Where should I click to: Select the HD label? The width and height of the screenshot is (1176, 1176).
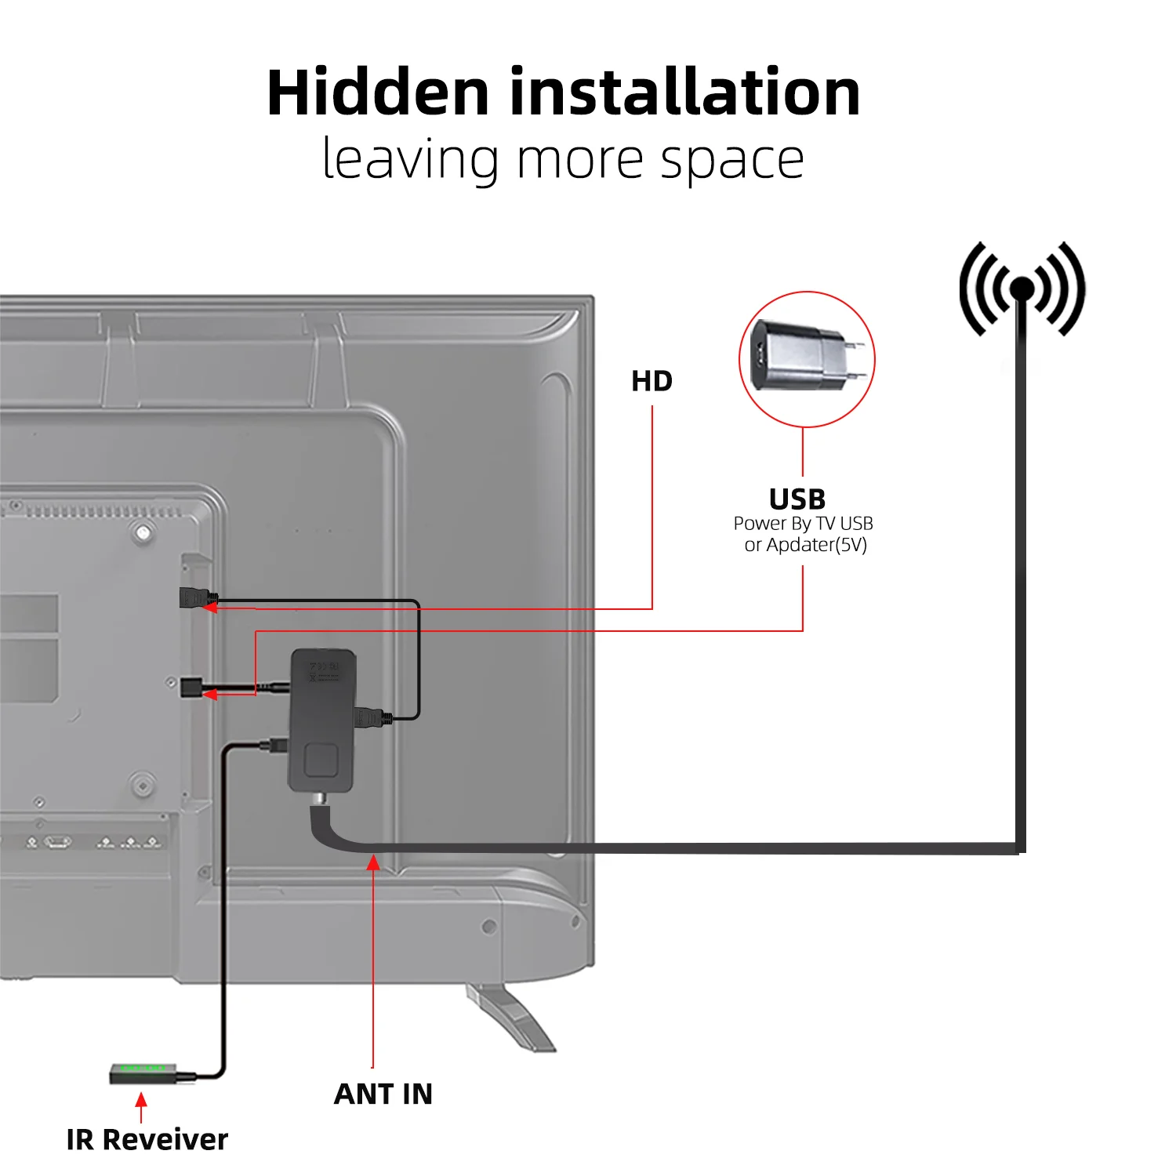click(x=652, y=382)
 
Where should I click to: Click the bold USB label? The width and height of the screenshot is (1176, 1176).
click(x=797, y=499)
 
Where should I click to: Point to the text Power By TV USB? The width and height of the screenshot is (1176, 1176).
click(x=803, y=524)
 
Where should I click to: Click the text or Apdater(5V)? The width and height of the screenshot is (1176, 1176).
click(x=805, y=545)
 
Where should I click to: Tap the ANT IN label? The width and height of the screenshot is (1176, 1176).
click(x=383, y=1094)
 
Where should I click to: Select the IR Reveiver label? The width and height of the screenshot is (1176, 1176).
click(x=147, y=1139)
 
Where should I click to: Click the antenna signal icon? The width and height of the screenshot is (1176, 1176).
click(x=1022, y=289)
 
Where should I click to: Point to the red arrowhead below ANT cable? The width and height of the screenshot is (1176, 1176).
click(x=373, y=863)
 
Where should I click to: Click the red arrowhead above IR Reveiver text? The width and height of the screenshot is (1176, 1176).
click(x=141, y=1099)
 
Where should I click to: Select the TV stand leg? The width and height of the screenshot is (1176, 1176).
click(x=510, y=1017)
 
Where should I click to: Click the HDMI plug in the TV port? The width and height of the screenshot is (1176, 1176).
click(x=194, y=598)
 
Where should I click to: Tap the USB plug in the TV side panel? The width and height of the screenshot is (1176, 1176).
click(x=191, y=688)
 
